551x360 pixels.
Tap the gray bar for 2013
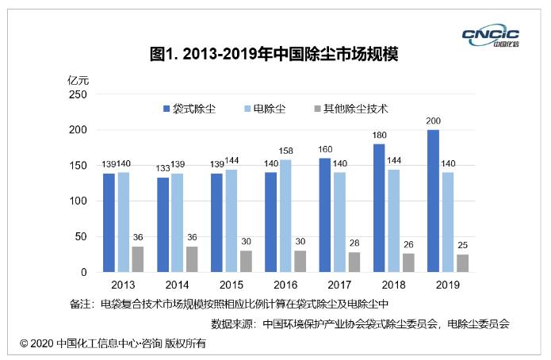(x=137, y=259)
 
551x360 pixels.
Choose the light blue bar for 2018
(x=393, y=220)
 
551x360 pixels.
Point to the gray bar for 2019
(x=461, y=263)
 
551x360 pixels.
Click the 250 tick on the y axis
(x=77, y=94)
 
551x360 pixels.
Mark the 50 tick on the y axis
(x=80, y=236)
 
